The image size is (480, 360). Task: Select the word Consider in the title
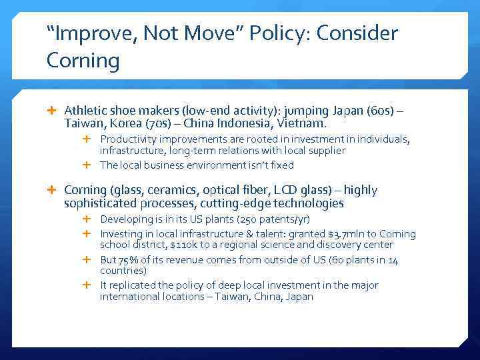pos(364,34)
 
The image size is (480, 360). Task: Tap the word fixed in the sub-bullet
pos(280,165)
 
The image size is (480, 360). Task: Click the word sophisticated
pos(99,203)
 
